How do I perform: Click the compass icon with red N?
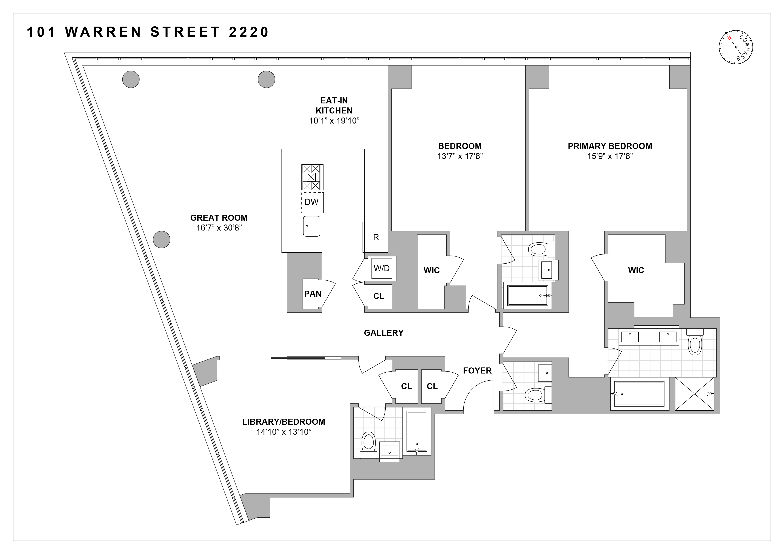(736, 47)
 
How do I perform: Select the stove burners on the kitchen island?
(311, 177)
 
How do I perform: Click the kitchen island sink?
(311, 226)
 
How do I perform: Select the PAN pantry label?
(313, 294)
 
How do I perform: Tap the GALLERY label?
(383, 333)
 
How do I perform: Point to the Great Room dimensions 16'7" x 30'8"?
(219, 228)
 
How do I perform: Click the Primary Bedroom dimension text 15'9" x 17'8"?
(610, 156)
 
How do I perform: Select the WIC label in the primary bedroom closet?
(636, 271)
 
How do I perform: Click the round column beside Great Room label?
(161, 239)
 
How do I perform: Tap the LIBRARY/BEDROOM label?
(283, 422)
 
